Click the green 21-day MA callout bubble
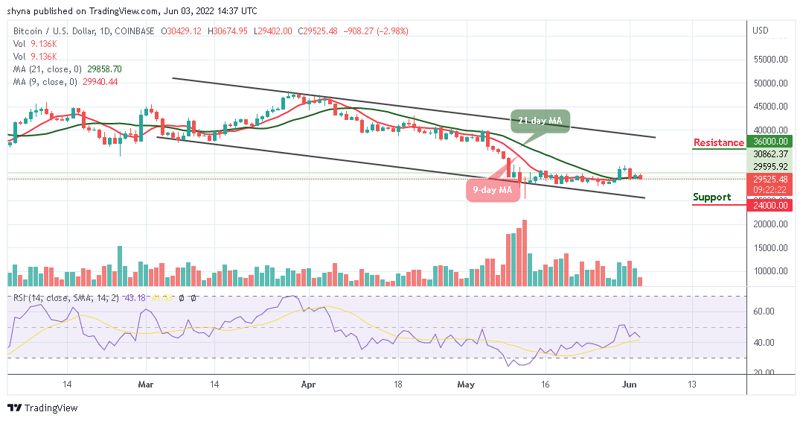point(540,121)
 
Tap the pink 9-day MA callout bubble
point(493,189)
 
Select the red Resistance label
point(718,142)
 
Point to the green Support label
point(712,197)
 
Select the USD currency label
point(761,31)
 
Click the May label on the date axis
point(467,384)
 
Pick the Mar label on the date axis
point(146,384)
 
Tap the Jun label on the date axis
point(630,384)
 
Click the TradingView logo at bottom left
point(42,408)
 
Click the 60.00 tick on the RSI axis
point(764,311)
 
